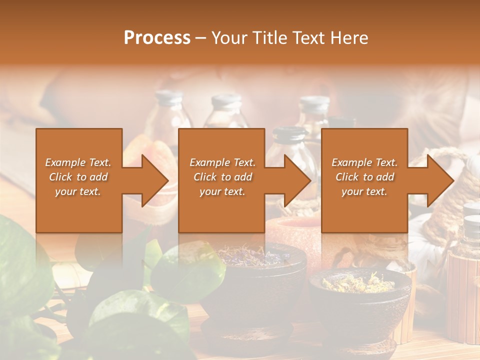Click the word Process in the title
[157, 38]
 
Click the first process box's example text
[78, 177]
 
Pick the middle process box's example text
[222, 177]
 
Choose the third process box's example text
[364, 177]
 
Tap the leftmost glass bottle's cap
[168, 97]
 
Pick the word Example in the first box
[65, 162]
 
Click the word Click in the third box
[347, 177]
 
